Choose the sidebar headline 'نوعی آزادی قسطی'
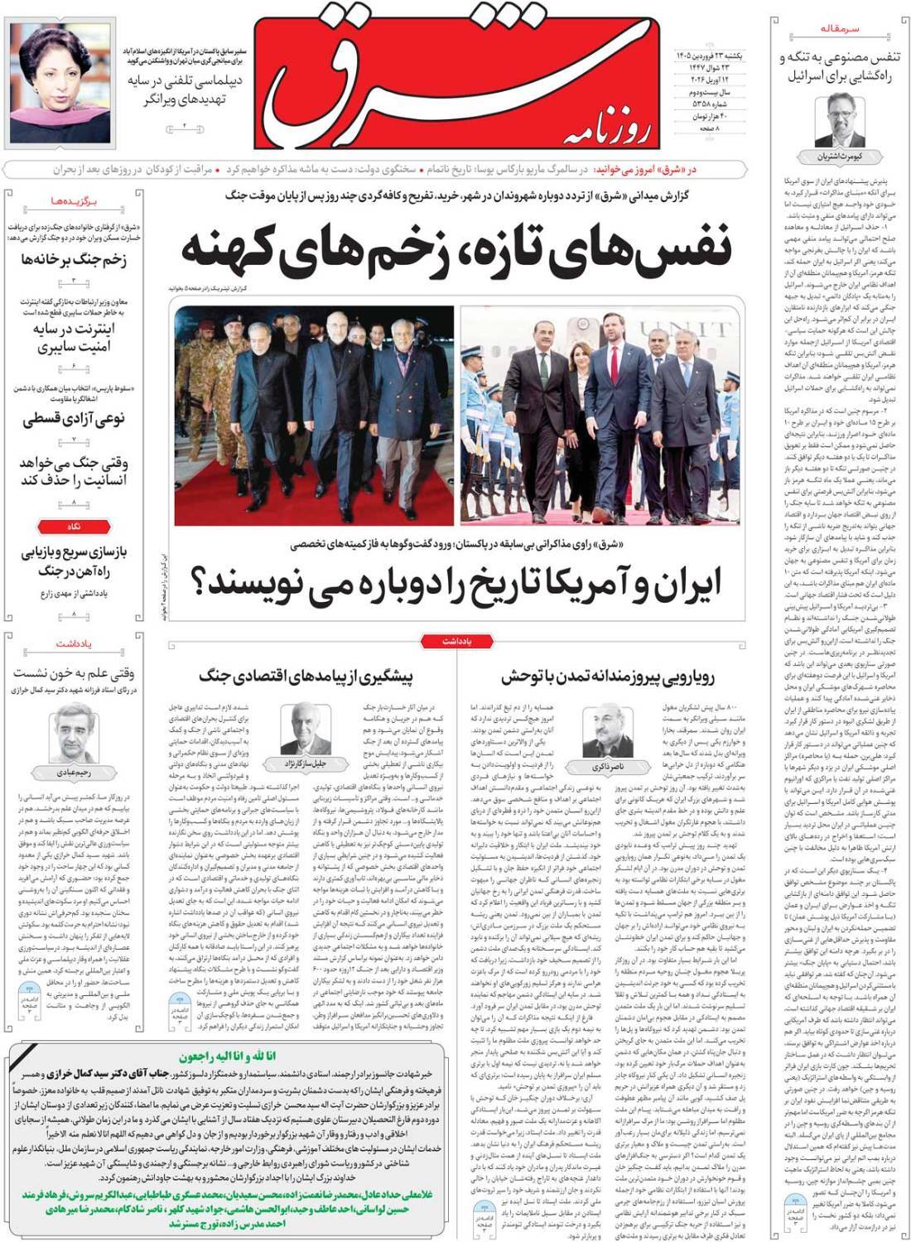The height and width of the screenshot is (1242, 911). [x=74, y=419]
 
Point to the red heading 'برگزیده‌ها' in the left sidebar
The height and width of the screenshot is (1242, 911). [x=74, y=201]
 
